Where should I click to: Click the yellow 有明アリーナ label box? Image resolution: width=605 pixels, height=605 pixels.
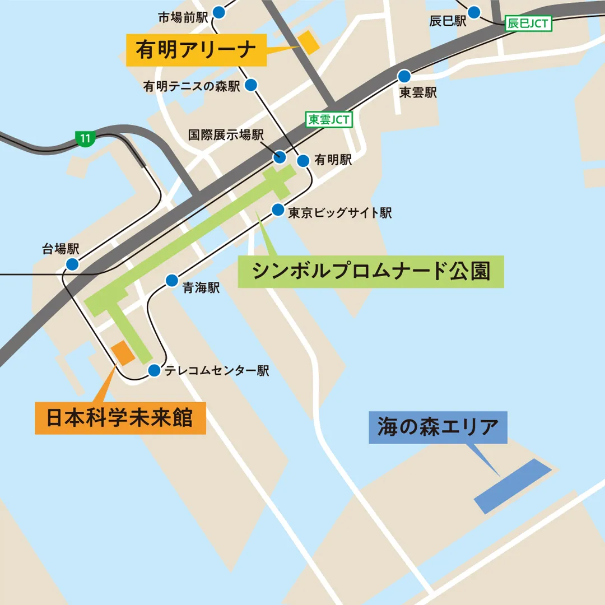pyautogui.click(x=196, y=50)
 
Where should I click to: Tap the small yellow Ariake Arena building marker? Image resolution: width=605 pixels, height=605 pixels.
pyautogui.click(x=308, y=42)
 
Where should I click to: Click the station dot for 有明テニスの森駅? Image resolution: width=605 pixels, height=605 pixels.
pyautogui.click(x=251, y=85)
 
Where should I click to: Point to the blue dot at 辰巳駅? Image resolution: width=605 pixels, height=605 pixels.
pyautogui.click(x=474, y=12)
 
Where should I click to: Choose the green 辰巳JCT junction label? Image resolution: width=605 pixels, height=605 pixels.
pyautogui.click(x=528, y=24)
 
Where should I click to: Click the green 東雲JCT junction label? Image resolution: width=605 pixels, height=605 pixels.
pyautogui.click(x=329, y=119)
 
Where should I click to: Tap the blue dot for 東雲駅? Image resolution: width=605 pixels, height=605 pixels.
pyautogui.click(x=404, y=76)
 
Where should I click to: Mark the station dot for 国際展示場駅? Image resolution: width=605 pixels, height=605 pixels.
pyautogui.click(x=280, y=156)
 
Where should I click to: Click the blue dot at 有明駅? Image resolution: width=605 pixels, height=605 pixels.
pyautogui.click(x=303, y=161)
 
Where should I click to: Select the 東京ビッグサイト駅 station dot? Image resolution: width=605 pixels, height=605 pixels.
pyautogui.click(x=278, y=210)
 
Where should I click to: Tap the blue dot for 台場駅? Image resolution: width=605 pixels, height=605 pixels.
pyautogui.click(x=72, y=264)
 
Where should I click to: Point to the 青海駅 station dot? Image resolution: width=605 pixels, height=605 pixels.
pyautogui.click(x=171, y=281)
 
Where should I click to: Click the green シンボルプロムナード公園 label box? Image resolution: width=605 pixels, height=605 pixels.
pyautogui.click(x=371, y=272)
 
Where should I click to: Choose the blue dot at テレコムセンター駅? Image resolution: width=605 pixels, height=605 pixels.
pyautogui.click(x=154, y=370)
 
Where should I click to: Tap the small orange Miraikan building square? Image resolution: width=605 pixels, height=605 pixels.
pyautogui.click(x=123, y=353)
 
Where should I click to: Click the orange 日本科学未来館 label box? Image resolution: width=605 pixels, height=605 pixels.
pyautogui.click(x=120, y=418)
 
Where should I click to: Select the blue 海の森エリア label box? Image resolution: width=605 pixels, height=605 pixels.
pyautogui.click(x=438, y=427)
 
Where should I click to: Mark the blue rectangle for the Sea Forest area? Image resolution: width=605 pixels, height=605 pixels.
pyautogui.click(x=513, y=486)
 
